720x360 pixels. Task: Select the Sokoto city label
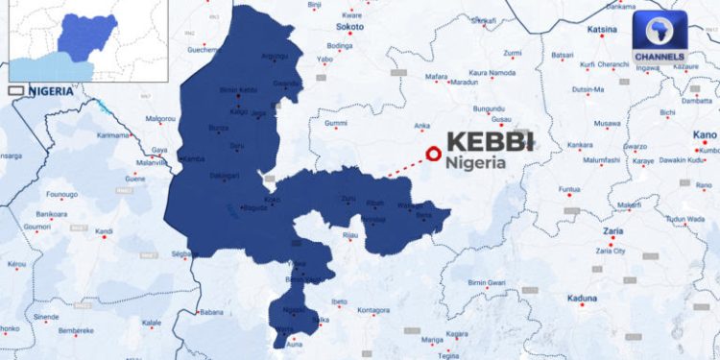349,28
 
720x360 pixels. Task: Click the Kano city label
705,135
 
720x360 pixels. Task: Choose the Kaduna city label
582,298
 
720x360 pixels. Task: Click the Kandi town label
105,231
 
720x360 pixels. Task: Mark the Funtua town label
570,188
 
